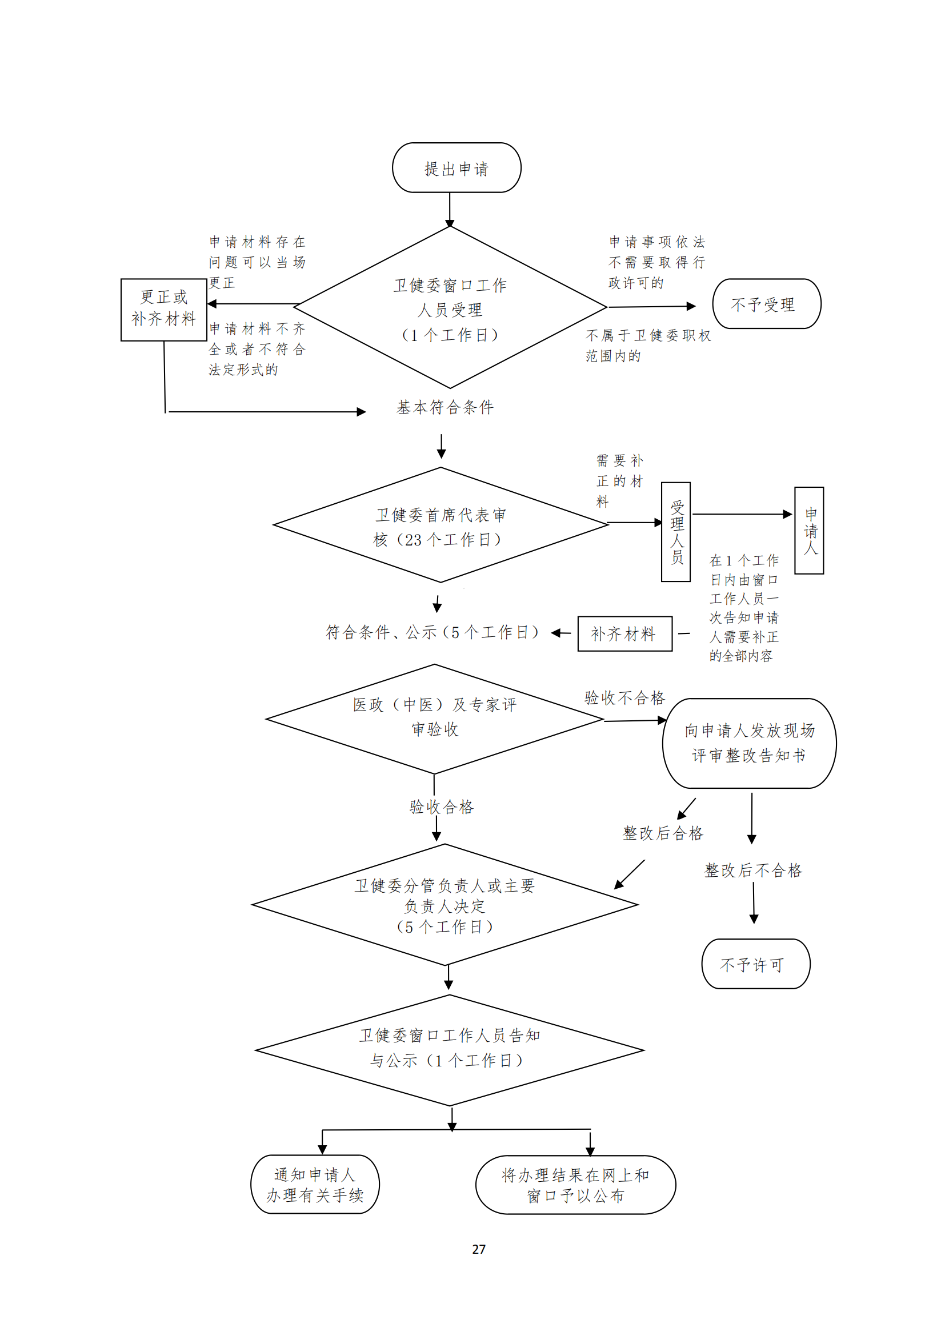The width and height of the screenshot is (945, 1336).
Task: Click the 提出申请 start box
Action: point(456,168)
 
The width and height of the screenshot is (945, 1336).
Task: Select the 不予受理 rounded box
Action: point(766,304)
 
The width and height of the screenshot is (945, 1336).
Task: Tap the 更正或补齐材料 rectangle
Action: point(163,309)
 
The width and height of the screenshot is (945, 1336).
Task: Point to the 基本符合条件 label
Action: point(445,407)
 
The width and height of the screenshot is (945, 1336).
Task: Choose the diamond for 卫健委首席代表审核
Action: point(441,526)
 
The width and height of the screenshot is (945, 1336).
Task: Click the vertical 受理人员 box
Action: point(675,532)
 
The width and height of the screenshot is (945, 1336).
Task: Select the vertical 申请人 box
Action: point(809,531)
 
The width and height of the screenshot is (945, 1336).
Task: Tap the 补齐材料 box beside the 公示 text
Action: point(624,633)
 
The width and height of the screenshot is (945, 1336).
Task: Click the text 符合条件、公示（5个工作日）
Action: point(433,632)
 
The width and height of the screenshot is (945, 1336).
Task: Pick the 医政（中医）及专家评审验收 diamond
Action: point(435,717)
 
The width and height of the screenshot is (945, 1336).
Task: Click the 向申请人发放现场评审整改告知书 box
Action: point(749,743)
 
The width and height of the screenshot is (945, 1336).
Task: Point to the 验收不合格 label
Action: point(624,697)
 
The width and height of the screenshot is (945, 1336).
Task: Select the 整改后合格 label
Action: point(663,833)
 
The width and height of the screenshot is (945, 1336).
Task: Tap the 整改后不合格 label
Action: point(753,870)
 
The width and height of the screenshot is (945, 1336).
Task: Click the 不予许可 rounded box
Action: point(755,965)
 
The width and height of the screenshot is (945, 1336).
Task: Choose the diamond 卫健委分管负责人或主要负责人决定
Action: point(445,905)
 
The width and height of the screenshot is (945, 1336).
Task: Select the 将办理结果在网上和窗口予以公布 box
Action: point(575,1185)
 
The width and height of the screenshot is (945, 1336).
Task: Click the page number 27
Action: point(478,1249)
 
